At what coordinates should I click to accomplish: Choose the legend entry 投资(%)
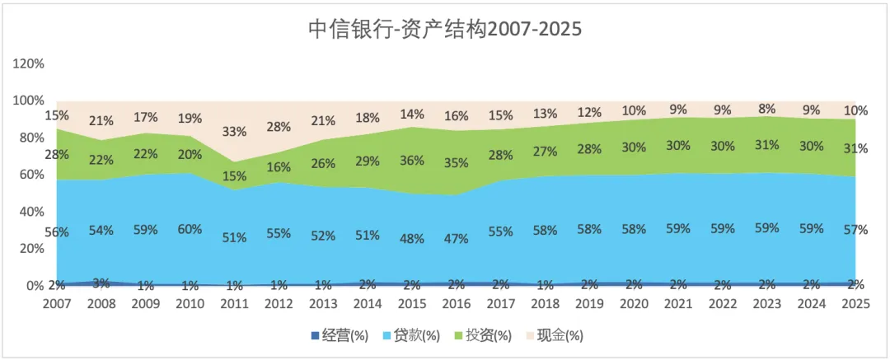[x=483, y=336]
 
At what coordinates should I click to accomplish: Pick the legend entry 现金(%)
[x=555, y=336]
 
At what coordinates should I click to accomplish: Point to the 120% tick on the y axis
[x=28, y=63]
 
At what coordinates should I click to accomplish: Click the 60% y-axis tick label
[x=32, y=175]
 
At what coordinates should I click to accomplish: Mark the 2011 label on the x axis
[x=234, y=304]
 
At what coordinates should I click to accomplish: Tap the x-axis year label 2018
[x=546, y=304]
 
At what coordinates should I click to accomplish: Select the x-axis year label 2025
[x=856, y=304]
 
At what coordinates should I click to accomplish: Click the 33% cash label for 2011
[x=234, y=132]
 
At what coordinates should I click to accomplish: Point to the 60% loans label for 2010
[x=190, y=229]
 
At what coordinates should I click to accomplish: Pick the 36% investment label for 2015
[x=412, y=160]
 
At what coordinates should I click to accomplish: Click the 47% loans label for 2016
[x=457, y=238]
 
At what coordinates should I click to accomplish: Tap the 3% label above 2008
[x=101, y=283]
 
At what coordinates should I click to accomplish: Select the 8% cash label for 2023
[x=767, y=110]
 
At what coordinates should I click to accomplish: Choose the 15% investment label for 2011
[x=234, y=176]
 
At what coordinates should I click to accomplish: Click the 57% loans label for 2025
[x=856, y=230]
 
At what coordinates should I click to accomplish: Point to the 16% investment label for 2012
[x=279, y=167]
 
